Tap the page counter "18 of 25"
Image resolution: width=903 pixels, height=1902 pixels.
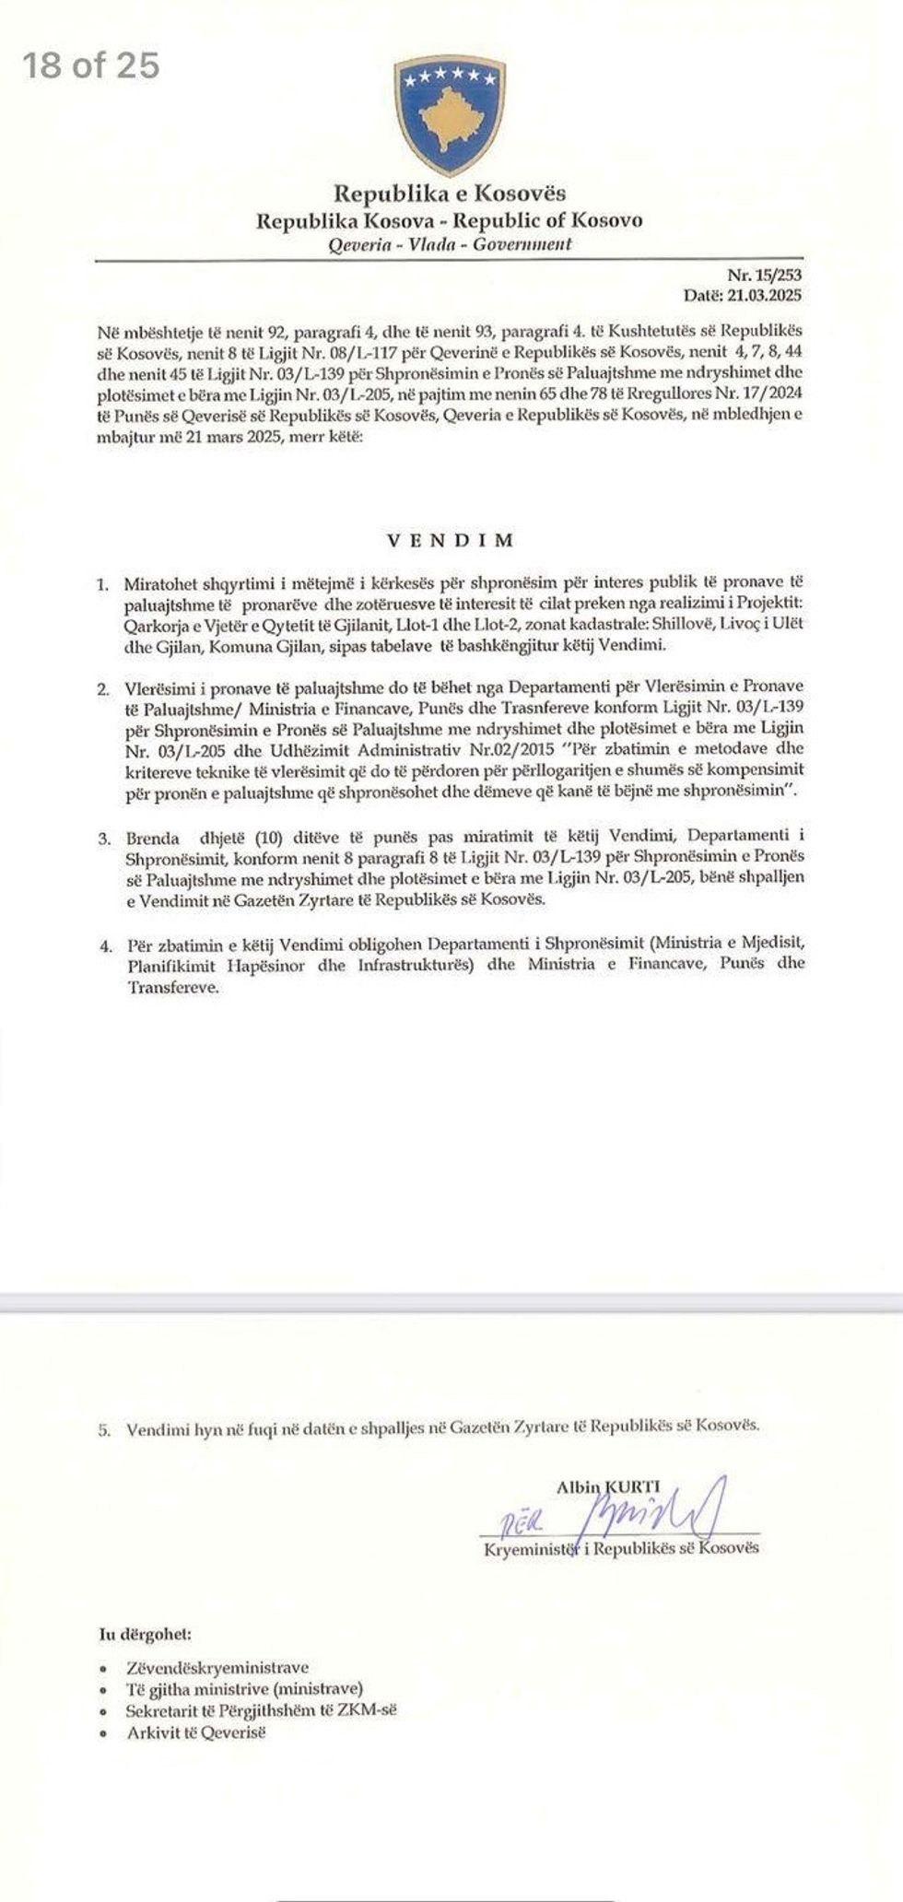pos(91,65)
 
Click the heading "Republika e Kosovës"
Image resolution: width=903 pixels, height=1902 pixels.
pos(450,194)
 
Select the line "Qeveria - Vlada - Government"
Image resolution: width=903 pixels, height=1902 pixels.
pos(450,244)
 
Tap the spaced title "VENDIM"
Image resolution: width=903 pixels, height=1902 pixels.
pos(450,540)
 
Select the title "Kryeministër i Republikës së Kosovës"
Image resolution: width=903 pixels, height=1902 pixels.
pos(621,1548)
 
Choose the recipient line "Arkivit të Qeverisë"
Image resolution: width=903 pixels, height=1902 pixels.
pos(195,1733)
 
